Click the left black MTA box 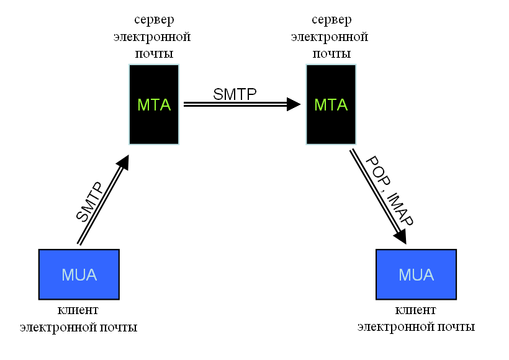(x=154, y=104)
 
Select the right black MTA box (x=331, y=104)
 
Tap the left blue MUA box (x=79, y=274)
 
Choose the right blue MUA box (x=416, y=274)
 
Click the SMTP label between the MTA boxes (x=235, y=94)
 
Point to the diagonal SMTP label (x=89, y=202)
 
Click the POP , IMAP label (x=390, y=191)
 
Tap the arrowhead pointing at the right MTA (x=294, y=104)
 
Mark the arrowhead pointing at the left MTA (x=124, y=161)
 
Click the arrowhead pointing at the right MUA (x=400, y=236)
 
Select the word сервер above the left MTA (x=154, y=20)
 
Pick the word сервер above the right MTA (x=331, y=20)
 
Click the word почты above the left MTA (x=154, y=53)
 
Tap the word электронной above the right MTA (x=330, y=37)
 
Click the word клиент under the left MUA (x=78, y=310)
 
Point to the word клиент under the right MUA (x=415, y=310)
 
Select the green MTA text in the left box (x=154, y=105)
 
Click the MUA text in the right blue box (x=416, y=275)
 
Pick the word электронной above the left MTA (x=152, y=37)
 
